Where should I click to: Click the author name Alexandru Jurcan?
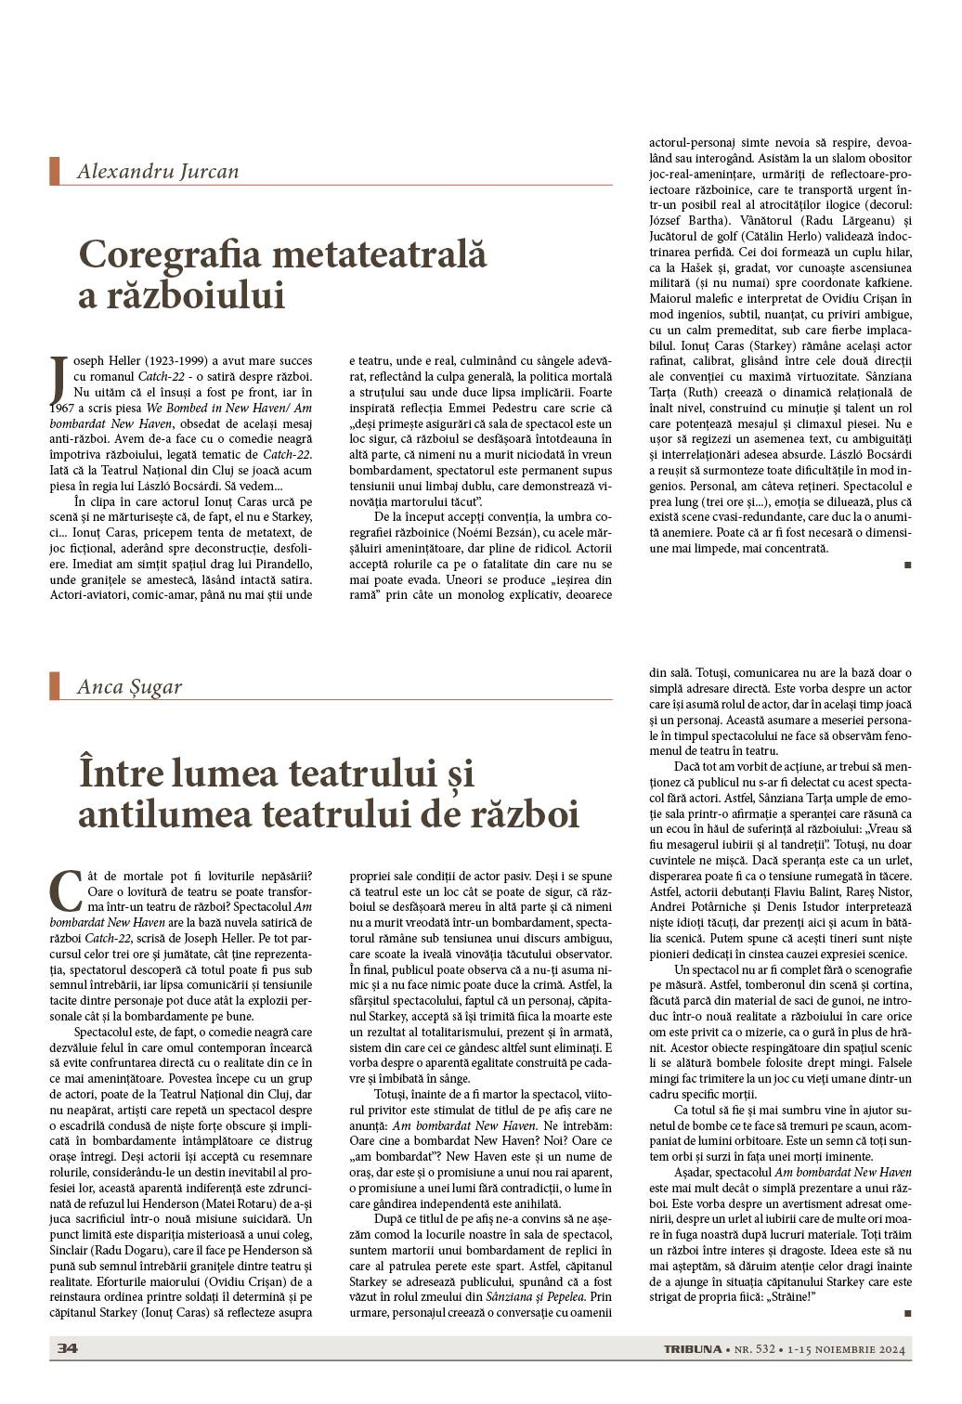pyautogui.click(x=158, y=172)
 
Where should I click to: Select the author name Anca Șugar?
pyautogui.click(x=129, y=687)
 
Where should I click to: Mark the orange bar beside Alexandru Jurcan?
pyautogui.click(x=54, y=172)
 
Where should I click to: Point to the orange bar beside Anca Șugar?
pyautogui.click(x=54, y=686)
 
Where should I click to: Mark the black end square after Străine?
pyautogui.click(x=906, y=1313)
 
